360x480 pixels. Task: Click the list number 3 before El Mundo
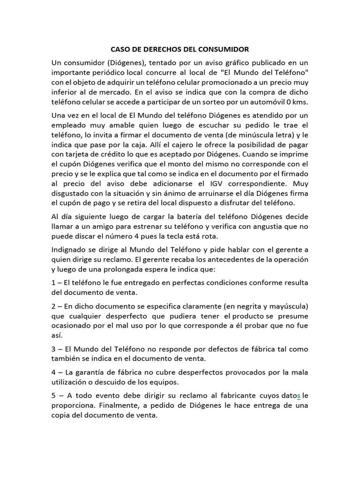point(54,349)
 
